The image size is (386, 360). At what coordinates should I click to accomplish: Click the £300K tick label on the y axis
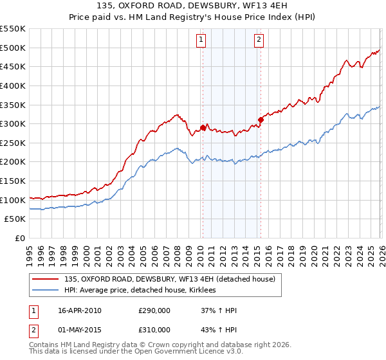click(13, 123)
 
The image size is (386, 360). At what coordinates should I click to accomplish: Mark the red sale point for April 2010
click(203, 127)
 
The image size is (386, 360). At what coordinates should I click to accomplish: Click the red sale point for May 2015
click(261, 120)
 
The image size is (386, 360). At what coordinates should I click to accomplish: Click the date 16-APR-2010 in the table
click(80, 310)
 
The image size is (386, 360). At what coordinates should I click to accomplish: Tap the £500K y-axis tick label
click(13, 47)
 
